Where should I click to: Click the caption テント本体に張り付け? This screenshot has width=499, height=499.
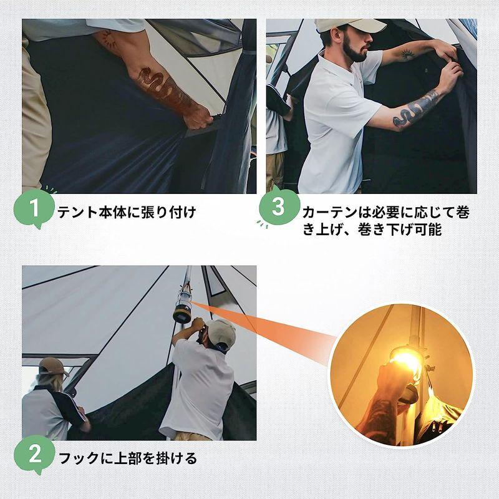(127, 212)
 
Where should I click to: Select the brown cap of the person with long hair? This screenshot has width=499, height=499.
(52, 366)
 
